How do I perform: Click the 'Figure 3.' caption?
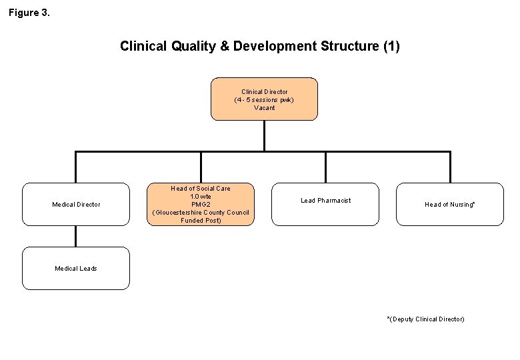click(29, 12)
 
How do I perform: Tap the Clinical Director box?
click(264, 99)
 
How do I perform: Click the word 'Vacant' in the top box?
click(264, 108)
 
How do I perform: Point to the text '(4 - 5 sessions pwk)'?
click(264, 100)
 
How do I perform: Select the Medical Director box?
click(76, 204)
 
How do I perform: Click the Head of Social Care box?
click(201, 204)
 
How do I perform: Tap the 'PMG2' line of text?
click(201, 205)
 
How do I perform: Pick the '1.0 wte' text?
click(201, 197)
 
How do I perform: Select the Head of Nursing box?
click(450, 204)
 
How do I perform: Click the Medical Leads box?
click(76, 268)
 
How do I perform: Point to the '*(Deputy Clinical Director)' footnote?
click(426, 319)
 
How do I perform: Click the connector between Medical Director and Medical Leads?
click(76, 236)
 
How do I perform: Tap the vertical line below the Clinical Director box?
click(264, 136)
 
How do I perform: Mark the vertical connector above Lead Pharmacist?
click(325, 167)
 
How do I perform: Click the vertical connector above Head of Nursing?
click(450, 167)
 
